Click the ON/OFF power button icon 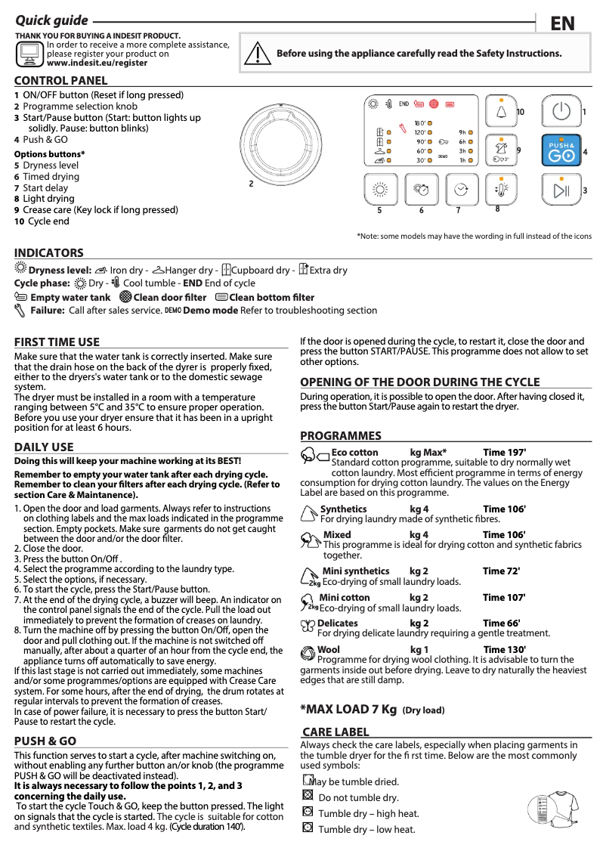[561, 112]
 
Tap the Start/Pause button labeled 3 [561, 190]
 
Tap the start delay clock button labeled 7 [461, 190]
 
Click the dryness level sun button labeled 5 [382, 190]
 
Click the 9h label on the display [462, 131]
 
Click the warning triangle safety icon [258, 54]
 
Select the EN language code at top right [562, 24]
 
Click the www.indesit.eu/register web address [97, 63]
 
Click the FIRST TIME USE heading [57, 342]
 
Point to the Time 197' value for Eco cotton [504, 453]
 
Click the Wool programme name [329, 649]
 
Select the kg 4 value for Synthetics [419, 509]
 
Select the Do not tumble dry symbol [307, 796]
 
